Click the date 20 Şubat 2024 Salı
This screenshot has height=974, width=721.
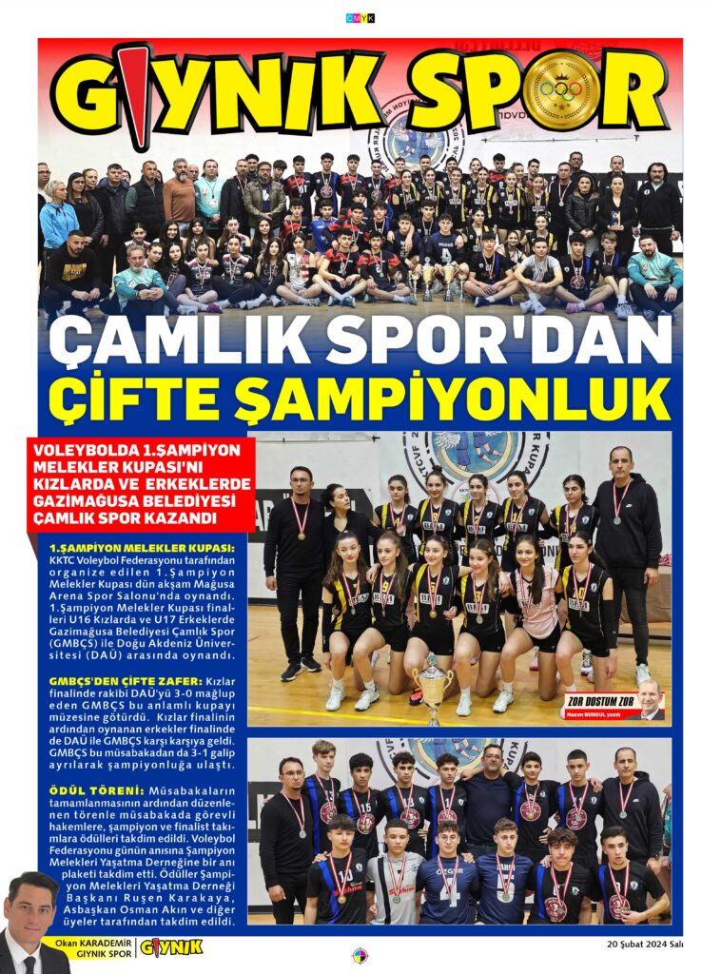click(644, 944)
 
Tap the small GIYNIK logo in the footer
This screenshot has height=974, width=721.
click(171, 947)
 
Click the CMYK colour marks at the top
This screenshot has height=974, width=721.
click(360, 17)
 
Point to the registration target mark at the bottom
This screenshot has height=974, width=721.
click(360, 955)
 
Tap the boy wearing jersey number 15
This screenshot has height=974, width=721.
click(362, 808)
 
